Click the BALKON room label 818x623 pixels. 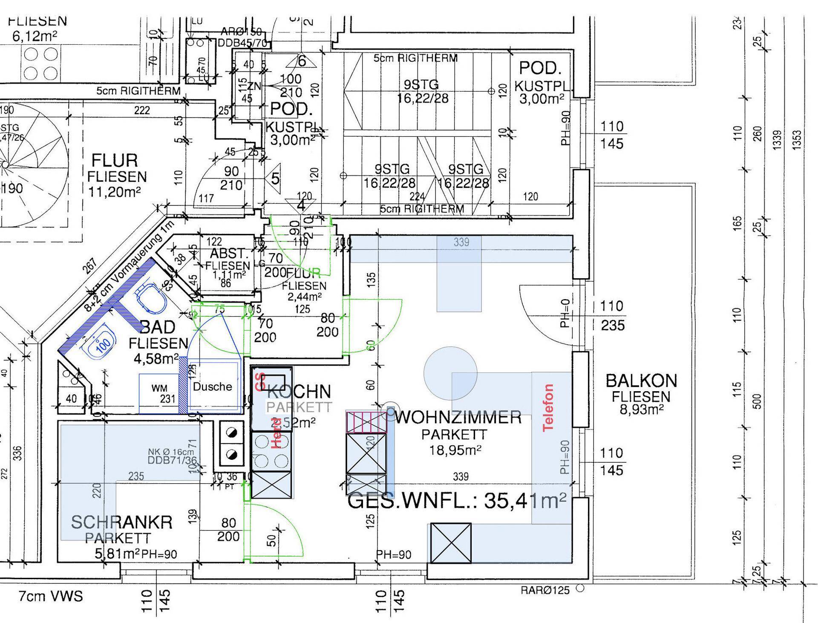(x=641, y=381)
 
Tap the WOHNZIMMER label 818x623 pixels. (x=458, y=417)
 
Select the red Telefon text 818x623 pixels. (x=548, y=407)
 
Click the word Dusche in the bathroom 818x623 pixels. (x=213, y=386)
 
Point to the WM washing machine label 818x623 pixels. (x=159, y=388)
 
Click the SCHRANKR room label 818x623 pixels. (x=121, y=522)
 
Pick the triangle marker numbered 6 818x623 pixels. (x=301, y=61)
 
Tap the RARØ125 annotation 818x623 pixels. (x=545, y=591)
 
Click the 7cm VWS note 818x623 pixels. (x=51, y=596)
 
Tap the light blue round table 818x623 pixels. (x=450, y=373)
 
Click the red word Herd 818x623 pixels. (x=276, y=433)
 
